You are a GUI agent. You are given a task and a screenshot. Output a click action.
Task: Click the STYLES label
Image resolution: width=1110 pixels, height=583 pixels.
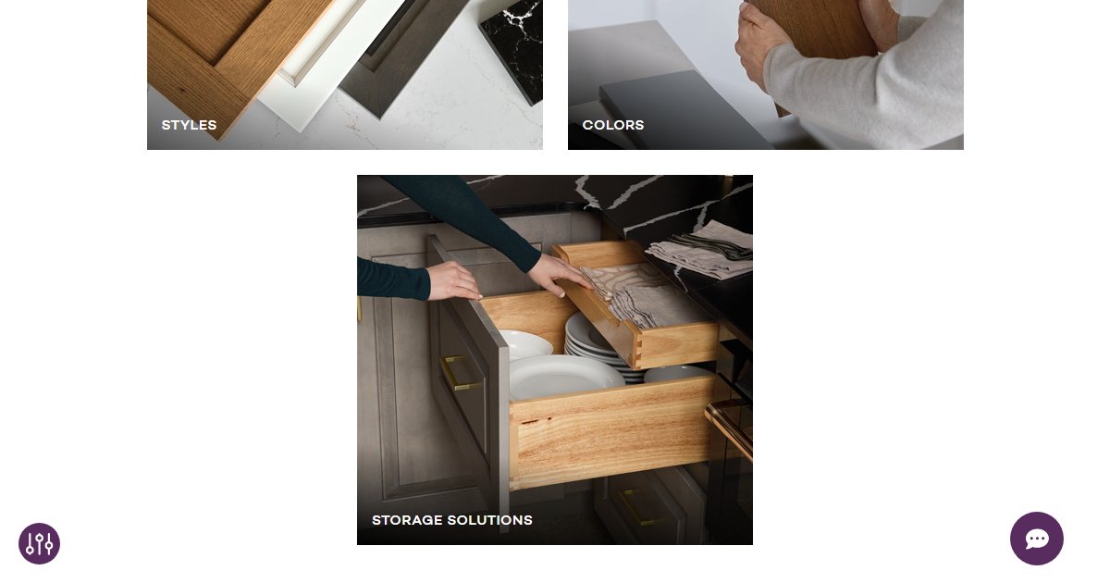pyautogui.click(x=189, y=125)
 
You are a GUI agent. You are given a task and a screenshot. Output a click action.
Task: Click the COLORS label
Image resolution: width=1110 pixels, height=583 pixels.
pyautogui.click(x=613, y=125)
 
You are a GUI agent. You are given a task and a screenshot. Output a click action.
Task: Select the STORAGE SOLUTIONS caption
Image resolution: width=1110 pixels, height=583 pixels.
pyautogui.click(x=451, y=520)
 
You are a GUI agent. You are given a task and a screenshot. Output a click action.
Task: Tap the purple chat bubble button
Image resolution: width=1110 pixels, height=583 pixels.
pyautogui.click(x=1036, y=539)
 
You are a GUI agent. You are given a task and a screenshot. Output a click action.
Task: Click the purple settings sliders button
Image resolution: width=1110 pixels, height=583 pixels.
pyautogui.click(x=39, y=543)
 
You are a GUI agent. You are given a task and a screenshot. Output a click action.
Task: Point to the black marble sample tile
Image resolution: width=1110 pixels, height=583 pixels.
pyautogui.click(x=512, y=46)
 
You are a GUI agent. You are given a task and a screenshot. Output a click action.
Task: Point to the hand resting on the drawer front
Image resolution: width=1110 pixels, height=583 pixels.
pyautogui.click(x=454, y=279)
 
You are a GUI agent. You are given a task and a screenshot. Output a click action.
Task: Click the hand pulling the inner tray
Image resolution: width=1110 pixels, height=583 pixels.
pyautogui.click(x=560, y=275)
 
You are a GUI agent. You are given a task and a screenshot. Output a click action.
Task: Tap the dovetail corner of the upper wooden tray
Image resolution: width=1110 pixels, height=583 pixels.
pyautogui.click(x=635, y=349)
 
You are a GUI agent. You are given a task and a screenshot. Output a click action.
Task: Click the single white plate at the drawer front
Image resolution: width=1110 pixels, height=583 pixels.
pyautogui.click(x=564, y=378)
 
